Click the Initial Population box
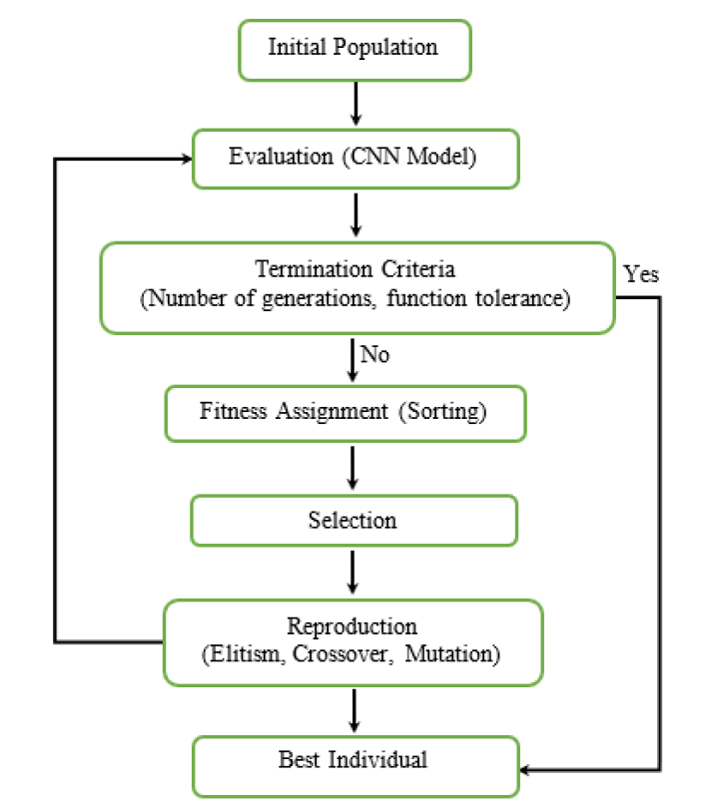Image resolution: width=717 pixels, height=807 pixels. [353, 48]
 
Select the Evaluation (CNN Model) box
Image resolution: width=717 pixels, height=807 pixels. [353, 158]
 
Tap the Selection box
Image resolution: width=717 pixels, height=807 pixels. [353, 521]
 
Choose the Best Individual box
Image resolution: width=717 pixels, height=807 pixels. [353, 760]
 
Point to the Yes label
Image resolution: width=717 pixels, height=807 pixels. [641, 274]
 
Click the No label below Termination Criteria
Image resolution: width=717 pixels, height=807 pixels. [374, 355]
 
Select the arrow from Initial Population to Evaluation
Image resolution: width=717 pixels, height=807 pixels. [354, 103]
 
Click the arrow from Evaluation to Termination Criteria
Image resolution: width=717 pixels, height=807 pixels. [354, 214]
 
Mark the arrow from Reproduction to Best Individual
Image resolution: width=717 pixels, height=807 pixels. [354, 710]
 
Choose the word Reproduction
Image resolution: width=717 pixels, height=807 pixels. [353, 627]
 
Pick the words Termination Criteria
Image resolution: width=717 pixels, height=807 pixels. [356, 269]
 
